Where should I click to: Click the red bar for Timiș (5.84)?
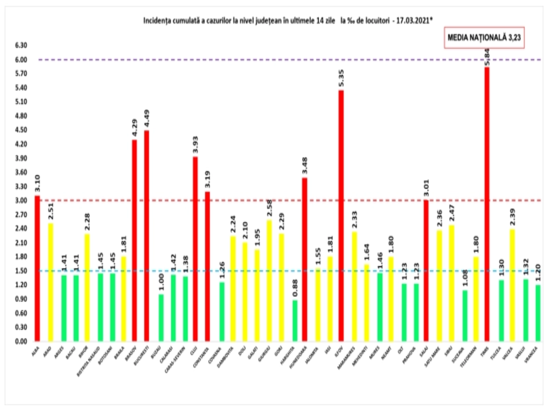[x=487, y=204]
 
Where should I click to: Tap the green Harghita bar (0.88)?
[x=295, y=320]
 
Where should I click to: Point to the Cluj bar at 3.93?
[x=195, y=249]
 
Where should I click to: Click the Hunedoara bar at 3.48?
[x=305, y=259]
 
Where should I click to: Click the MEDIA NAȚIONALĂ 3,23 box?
[x=484, y=37]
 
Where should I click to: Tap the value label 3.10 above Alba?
[x=37, y=183]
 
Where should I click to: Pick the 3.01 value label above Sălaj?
[x=426, y=188]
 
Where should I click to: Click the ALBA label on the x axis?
[x=35, y=351]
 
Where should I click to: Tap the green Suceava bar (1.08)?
[x=465, y=316]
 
